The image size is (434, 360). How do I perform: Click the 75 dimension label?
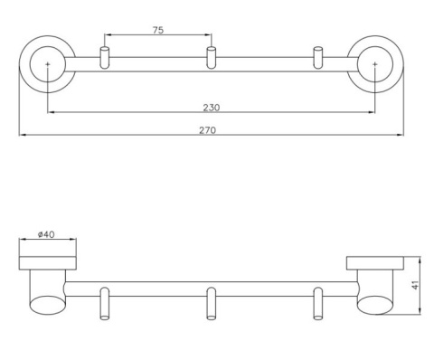(x=158, y=30)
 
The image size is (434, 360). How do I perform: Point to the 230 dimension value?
(x=212, y=108)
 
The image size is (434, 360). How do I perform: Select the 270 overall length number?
(x=208, y=130)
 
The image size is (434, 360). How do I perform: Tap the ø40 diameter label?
(x=46, y=234)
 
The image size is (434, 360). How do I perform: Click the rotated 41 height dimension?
(x=416, y=285)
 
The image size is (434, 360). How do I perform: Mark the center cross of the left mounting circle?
(x=48, y=64)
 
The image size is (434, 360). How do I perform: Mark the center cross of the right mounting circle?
(x=374, y=64)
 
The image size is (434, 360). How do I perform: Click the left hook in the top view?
(x=104, y=58)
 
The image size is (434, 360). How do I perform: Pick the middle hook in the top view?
(x=211, y=58)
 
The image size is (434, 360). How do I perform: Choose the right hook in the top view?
(x=318, y=58)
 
